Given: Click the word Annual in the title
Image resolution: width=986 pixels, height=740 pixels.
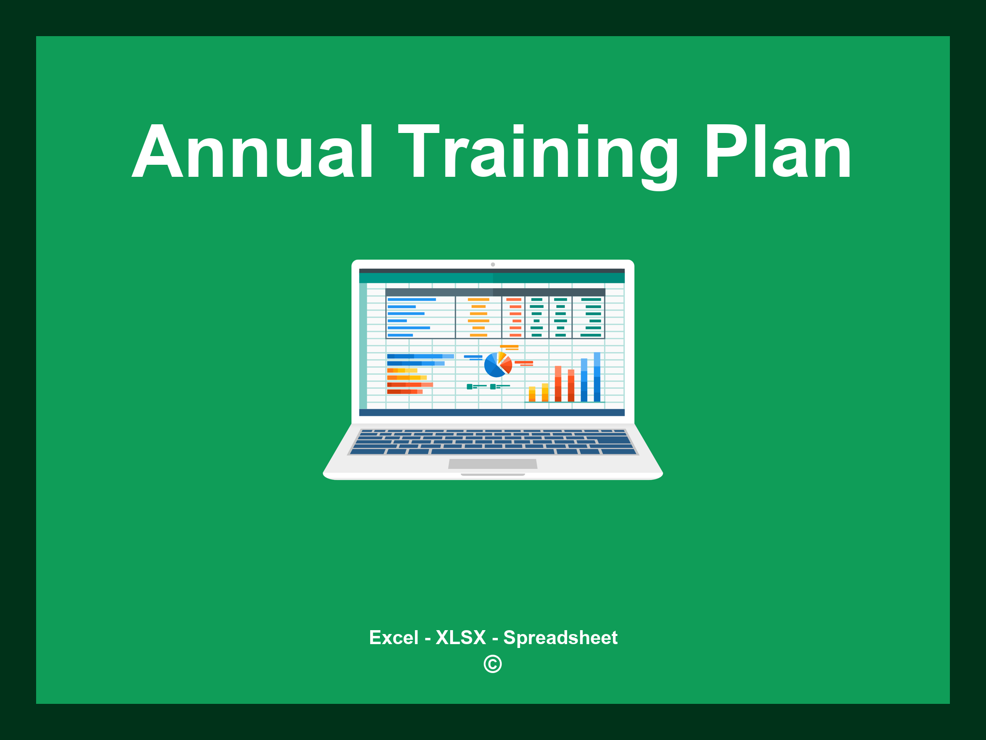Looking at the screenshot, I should (252, 152).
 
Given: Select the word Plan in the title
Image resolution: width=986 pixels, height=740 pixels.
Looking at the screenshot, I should (777, 152).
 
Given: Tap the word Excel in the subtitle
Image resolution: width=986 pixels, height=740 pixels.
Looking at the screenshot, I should (393, 637).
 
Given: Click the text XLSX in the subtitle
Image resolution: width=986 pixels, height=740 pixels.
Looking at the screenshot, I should (461, 637).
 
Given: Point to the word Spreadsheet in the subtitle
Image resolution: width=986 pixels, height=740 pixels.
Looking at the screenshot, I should (560, 637).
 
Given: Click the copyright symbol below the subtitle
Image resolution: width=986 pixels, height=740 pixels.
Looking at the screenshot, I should (493, 664).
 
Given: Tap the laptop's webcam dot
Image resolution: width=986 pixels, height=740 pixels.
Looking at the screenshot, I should (493, 264).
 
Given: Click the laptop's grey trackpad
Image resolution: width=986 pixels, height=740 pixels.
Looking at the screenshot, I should (493, 463).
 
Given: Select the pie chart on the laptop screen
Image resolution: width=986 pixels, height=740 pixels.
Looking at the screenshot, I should (497, 365).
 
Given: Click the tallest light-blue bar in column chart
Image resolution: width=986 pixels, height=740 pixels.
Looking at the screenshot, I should (597, 377).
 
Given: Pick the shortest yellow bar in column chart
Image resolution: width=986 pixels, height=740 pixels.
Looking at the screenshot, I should (532, 394).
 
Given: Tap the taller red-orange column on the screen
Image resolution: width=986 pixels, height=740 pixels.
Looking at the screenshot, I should (558, 383).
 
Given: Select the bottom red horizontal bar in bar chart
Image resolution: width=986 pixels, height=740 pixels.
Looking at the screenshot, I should (404, 392).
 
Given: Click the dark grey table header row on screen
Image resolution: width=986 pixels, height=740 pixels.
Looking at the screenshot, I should (495, 292).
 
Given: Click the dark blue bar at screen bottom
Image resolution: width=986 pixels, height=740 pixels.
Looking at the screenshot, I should (492, 412).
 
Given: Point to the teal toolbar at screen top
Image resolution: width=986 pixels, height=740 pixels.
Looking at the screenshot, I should (492, 278).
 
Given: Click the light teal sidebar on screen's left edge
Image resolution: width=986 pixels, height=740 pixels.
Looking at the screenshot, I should (363, 345).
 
